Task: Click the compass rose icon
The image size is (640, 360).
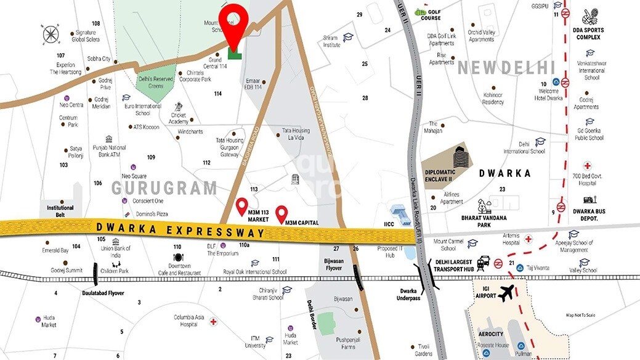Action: (x=51, y=35)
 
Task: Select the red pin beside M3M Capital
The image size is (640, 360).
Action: (x=282, y=213)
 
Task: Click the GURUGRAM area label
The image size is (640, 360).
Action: (x=164, y=187)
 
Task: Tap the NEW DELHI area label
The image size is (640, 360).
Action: (x=507, y=67)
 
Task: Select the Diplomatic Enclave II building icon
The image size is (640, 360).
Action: (x=461, y=158)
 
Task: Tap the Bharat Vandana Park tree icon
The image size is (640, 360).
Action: (x=484, y=206)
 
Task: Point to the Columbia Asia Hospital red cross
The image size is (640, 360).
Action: (x=213, y=321)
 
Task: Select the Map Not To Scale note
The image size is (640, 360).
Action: (x=589, y=315)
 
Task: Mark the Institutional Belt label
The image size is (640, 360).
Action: (x=60, y=211)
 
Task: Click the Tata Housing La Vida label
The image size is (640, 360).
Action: (x=296, y=134)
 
